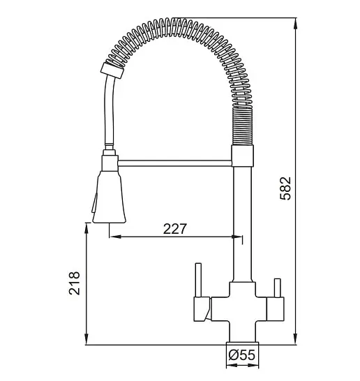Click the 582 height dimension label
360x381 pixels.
(x=285, y=188)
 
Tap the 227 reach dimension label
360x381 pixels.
(x=175, y=229)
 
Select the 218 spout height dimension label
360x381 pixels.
(x=74, y=283)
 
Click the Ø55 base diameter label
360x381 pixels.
(x=242, y=355)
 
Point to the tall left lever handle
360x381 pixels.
(x=198, y=280)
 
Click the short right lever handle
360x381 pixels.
(x=277, y=287)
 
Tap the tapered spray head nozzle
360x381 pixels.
(x=109, y=197)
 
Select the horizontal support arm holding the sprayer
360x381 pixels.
(x=174, y=163)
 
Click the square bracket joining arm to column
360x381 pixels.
(x=242, y=156)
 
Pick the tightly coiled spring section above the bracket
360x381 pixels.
(x=243, y=126)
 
